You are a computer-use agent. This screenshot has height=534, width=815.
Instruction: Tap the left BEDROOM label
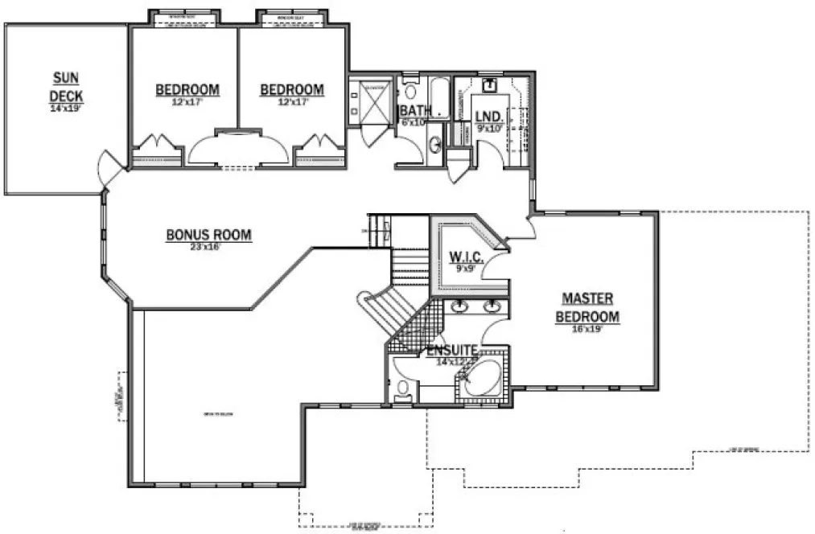pos(187,89)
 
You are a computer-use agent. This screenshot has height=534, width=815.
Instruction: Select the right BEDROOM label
pos(292,89)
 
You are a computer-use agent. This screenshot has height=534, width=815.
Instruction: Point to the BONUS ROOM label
pos(208,235)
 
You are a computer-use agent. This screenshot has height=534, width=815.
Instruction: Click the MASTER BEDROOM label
pos(587,307)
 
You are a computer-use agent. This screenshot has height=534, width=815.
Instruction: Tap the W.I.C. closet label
pos(465,257)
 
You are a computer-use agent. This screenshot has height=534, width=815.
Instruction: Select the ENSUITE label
pos(453,351)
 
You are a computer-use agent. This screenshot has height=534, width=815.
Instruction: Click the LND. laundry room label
pos(489,116)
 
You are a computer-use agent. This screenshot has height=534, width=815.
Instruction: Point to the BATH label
pos(416,110)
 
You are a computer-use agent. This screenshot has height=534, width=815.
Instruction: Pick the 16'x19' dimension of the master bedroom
pos(587,327)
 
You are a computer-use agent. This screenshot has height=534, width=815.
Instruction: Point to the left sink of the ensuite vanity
pos(460,306)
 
